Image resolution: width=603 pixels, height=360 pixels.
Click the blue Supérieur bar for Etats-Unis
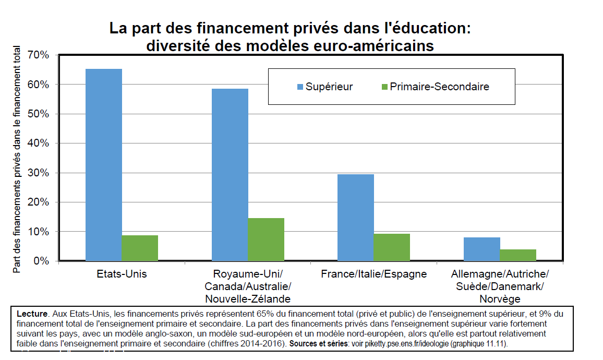pos(103,165)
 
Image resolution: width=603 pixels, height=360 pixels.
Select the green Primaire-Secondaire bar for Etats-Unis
pos(140,248)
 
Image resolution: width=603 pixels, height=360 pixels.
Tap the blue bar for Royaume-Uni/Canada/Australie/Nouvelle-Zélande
pos(230,175)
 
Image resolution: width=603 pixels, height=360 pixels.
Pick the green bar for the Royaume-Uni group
pos(266,239)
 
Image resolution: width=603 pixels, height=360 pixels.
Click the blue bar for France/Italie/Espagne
pos(356,218)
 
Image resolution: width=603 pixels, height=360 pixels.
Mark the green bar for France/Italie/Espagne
pos(392,247)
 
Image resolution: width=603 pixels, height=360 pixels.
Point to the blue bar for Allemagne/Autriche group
pos(482,249)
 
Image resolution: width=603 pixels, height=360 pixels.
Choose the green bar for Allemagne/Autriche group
pos(518,255)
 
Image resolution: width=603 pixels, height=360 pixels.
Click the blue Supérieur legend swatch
pos(300,87)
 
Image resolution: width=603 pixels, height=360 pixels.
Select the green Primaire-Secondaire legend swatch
pos(384,87)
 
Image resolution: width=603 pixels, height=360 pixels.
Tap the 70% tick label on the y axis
pos(39,55)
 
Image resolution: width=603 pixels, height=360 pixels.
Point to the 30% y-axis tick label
pos(39,173)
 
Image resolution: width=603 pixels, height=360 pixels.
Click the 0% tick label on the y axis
pos(42,261)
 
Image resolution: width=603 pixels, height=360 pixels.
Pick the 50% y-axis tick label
pos(39,114)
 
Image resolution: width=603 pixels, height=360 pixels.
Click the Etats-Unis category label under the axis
pos(122,274)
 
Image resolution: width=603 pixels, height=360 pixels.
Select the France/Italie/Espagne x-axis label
pos(374,274)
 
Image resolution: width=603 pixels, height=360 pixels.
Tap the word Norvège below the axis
pos(500,299)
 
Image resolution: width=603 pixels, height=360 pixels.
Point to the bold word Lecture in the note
pos(32,314)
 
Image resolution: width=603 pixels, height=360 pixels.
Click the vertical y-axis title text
pos(17,159)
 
